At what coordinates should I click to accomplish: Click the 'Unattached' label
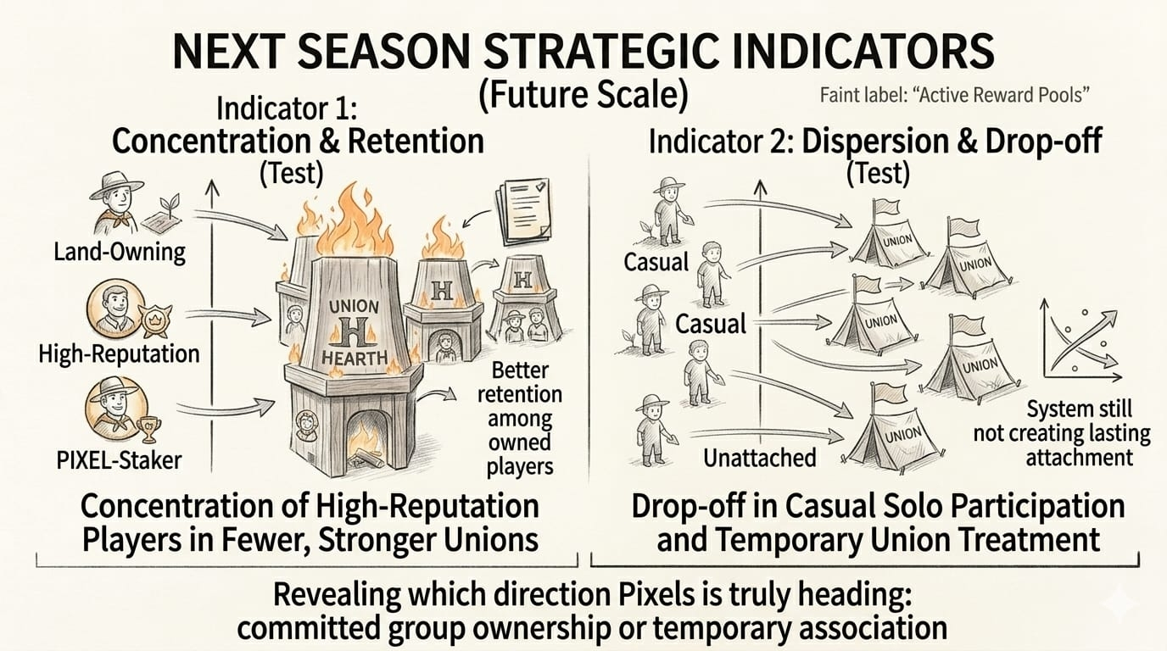click(759, 459)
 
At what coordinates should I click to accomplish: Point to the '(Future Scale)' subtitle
click(583, 93)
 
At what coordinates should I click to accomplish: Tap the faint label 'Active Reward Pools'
click(954, 95)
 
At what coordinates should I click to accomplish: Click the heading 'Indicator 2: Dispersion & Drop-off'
click(875, 142)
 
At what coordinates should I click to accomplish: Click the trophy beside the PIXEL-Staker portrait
click(149, 430)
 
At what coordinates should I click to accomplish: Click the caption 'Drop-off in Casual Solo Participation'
click(878, 508)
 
